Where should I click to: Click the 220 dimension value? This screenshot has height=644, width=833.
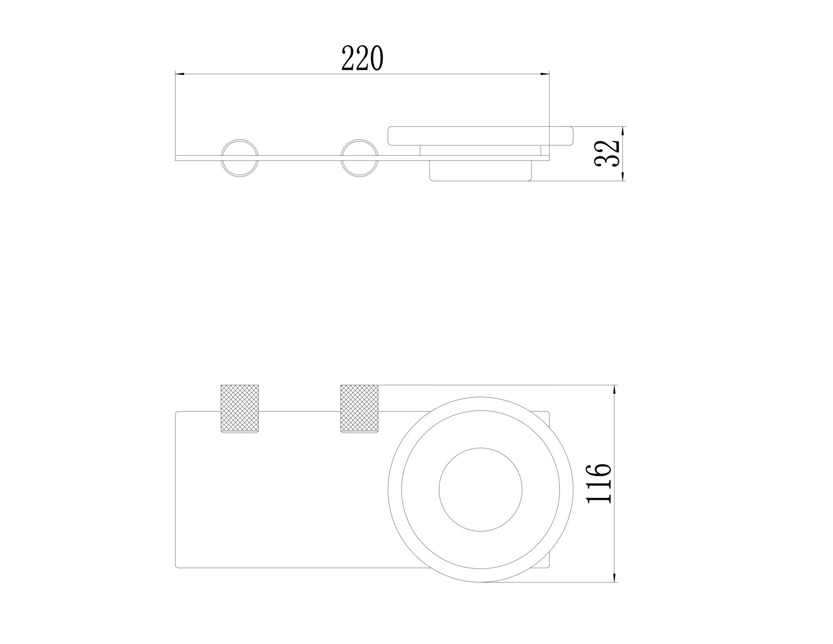362,58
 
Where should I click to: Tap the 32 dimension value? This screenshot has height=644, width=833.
608,153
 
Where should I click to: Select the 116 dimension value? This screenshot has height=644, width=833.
599,482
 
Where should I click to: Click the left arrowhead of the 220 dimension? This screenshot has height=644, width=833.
180,74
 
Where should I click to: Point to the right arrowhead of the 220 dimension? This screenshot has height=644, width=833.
545,74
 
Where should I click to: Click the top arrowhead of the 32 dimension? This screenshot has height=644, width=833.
623,131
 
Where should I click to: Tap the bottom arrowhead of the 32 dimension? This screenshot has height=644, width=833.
623,176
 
